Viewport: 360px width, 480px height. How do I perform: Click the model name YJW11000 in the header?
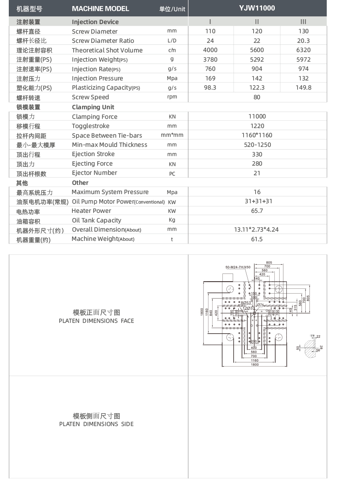(x=257, y=8)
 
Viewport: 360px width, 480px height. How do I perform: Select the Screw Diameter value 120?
(x=257, y=31)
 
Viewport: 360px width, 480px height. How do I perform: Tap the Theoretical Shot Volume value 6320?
(x=303, y=50)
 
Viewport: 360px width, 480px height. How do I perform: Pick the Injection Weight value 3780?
(x=210, y=60)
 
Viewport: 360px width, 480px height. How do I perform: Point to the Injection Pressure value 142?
(x=257, y=78)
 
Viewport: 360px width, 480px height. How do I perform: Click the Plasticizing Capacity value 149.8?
(x=303, y=88)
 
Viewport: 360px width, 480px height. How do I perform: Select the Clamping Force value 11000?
(x=257, y=116)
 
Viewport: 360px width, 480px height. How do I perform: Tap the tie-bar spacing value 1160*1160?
(x=257, y=135)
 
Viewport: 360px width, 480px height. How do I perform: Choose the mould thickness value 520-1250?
(x=257, y=145)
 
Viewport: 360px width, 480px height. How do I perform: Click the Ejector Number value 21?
(x=257, y=173)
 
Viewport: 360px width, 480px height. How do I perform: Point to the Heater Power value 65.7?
(x=257, y=211)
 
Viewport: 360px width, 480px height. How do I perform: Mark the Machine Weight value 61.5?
(x=257, y=239)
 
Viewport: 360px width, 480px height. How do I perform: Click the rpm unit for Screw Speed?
(x=172, y=97)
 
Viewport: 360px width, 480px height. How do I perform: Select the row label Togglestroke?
(x=90, y=126)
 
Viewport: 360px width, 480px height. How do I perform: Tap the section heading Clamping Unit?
(x=93, y=107)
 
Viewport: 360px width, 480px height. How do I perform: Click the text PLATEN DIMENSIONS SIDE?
(x=96, y=424)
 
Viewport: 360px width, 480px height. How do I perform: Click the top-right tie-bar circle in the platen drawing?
(x=278, y=289)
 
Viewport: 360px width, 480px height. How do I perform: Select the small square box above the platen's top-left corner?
(x=228, y=277)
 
